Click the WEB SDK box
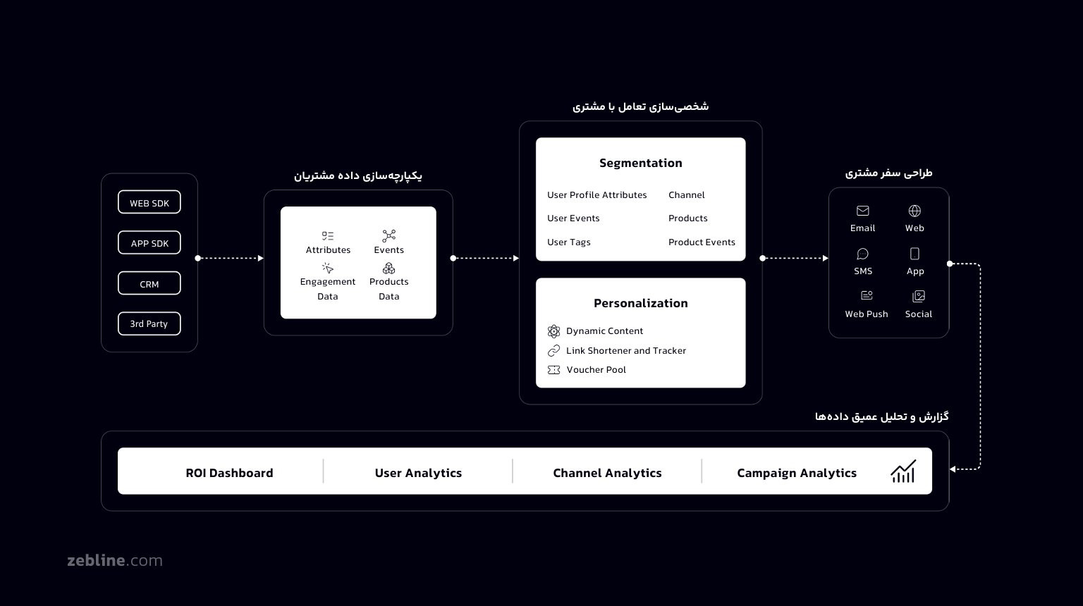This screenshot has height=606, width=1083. pyautogui.click(x=149, y=203)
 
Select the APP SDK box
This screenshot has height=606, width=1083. pyautogui.click(x=149, y=243)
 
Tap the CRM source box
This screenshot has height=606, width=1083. pyautogui.click(x=149, y=284)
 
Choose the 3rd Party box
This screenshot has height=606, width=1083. pyautogui.click(x=149, y=324)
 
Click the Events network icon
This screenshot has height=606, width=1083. pyautogui.click(x=388, y=235)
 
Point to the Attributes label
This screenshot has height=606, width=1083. pyautogui.click(x=328, y=250)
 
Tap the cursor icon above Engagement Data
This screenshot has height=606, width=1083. pyautogui.click(x=328, y=268)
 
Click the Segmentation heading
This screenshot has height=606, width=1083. pyautogui.click(x=640, y=163)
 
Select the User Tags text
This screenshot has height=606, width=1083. pyautogui.click(x=569, y=242)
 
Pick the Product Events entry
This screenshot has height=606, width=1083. pyautogui.click(x=702, y=242)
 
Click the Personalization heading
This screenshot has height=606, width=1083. pyautogui.click(x=640, y=303)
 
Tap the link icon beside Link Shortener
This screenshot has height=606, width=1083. pyautogui.click(x=554, y=351)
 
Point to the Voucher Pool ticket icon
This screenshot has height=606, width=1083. pyautogui.click(x=554, y=370)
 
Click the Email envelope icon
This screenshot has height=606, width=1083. pyautogui.click(x=862, y=211)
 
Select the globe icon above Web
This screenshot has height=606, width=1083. pyautogui.click(x=914, y=211)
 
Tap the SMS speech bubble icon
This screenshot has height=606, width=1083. pyautogui.click(x=863, y=254)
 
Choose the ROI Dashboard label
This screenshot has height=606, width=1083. pyautogui.click(x=229, y=473)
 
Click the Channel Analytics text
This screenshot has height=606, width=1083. pyautogui.click(x=607, y=473)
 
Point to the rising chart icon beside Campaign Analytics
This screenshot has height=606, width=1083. pyautogui.click(x=903, y=471)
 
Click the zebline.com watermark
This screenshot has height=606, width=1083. pyautogui.click(x=115, y=561)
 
